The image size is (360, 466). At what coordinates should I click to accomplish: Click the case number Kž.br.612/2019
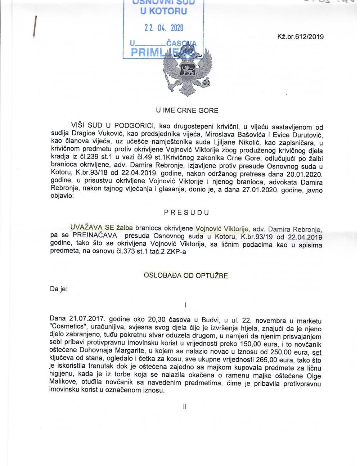pos(300,37)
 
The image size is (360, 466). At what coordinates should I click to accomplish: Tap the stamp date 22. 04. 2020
pos(164,28)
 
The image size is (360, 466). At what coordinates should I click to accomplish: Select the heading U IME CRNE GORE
pos(187,110)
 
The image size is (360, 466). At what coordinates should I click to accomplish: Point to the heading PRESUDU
pos(186,212)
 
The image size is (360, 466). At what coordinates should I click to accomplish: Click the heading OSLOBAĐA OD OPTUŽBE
pos(186,276)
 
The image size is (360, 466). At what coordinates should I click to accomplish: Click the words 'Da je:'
pos(59,289)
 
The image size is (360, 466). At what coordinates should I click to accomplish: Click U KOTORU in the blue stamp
pos(163,11)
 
